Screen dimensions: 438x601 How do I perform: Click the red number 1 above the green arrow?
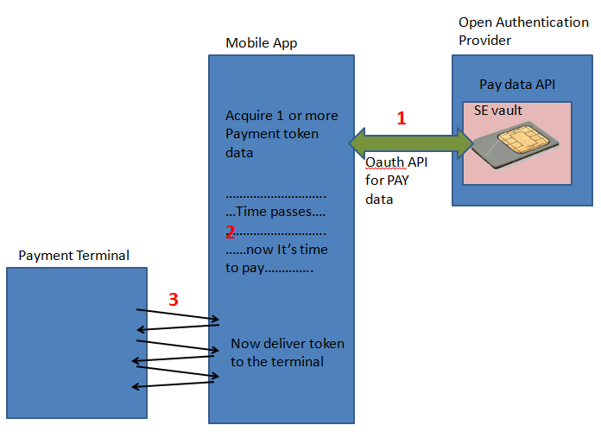(401, 119)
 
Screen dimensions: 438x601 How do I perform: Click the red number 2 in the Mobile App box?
(231, 232)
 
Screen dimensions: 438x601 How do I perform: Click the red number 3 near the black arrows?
(173, 300)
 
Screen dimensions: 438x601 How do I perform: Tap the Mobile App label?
(260, 42)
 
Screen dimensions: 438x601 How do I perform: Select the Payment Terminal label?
(73, 255)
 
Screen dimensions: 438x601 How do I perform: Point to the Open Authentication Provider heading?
(523, 31)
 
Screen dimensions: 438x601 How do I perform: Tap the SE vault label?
(498, 111)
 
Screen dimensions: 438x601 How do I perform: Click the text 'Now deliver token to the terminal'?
(287, 352)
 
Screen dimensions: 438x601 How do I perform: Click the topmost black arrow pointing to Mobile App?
(178, 314)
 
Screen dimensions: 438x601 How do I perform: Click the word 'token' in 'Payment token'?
(300, 134)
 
